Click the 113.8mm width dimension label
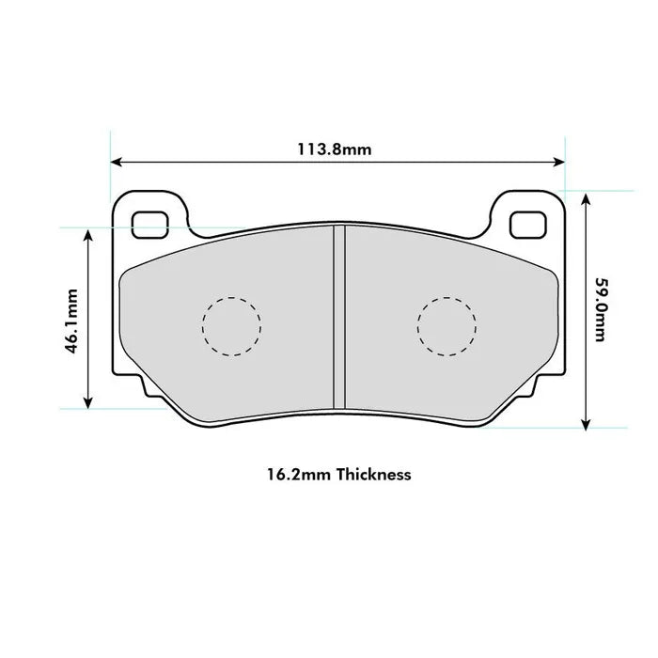(x=335, y=149)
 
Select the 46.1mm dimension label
(x=70, y=320)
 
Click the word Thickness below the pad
(x=373, y=475)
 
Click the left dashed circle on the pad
(x=231, y=326)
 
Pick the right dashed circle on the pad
(x=446, y=326)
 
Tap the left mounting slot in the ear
(x=149, y=223)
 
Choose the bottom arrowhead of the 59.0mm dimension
(x=586, y=424)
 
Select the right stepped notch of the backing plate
(x=533, y=385)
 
